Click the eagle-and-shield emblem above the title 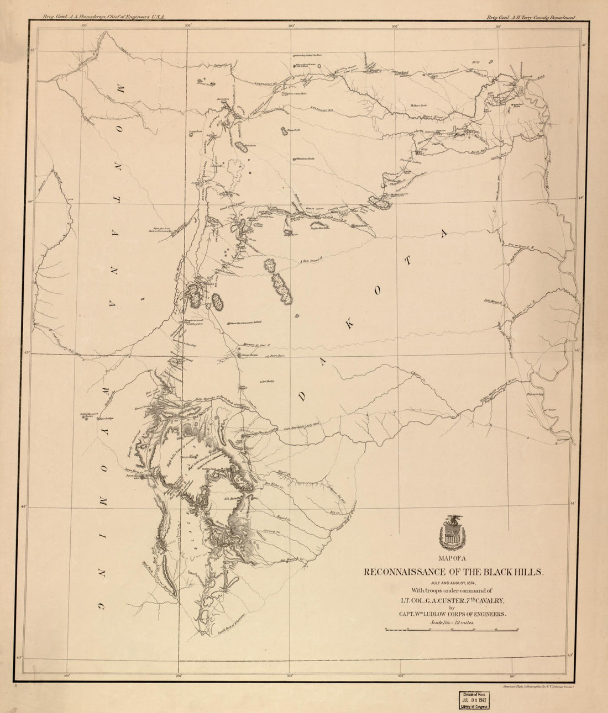click(x=453, y=531)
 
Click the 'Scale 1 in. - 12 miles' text click(x=452, y=622)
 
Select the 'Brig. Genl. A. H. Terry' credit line click(x=531, y=17)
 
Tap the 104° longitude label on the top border click(x=188, y=25)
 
